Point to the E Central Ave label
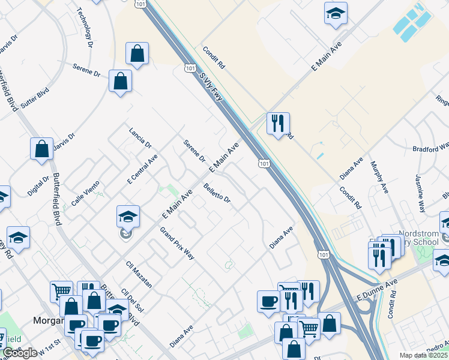(x=142, y=168)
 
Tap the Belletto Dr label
(x=217, y=193)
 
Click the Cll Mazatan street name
(x=139, y=273)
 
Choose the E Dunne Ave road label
(x=377, y=289)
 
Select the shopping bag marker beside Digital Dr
(x=42, y=151)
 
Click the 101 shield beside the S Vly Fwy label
(x=190, y=69)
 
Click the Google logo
(x=20, y=353)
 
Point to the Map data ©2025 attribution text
(x=424, y=355)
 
